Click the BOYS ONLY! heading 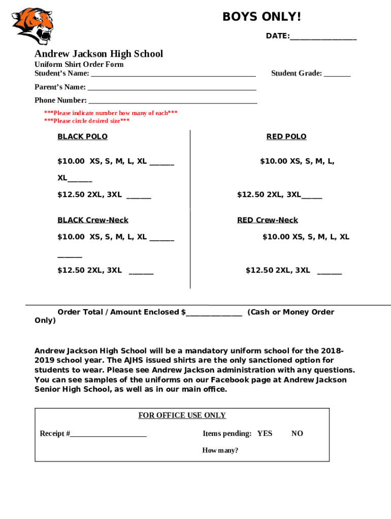pos(262,17)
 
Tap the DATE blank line pos(323,38)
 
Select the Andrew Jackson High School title pos(99,54)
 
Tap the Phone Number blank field pos(173,101)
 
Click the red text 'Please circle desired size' pos(87,121)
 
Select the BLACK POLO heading pos(82,136)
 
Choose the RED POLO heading pos(286,136)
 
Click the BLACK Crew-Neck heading pos(93,220)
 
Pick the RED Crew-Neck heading pos(268,220)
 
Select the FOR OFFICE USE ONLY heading pos(182,416)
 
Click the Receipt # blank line pos(109,434)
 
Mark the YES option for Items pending pos(265,433)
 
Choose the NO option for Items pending pos(297,433)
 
